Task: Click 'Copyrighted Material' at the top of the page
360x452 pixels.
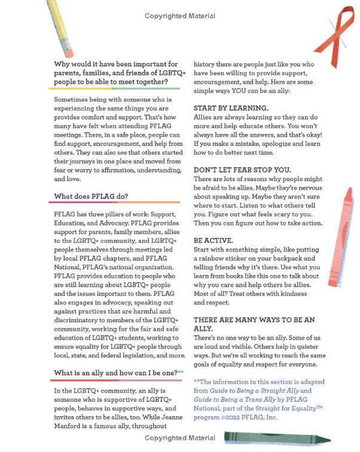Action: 180,16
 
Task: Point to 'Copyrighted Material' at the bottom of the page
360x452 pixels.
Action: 180,438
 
